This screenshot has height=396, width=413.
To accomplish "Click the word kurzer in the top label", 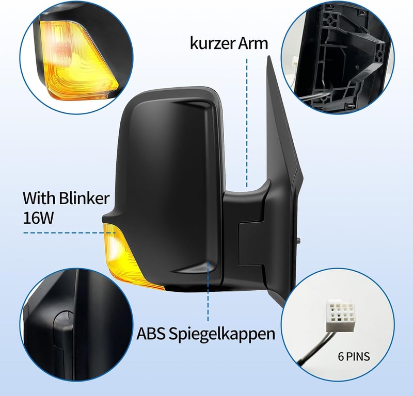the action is coord(212,43).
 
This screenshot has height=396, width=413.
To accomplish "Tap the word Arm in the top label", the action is coord(253,43).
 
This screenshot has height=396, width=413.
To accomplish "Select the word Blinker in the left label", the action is coord(84,198).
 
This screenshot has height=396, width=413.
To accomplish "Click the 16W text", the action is coord(38,218).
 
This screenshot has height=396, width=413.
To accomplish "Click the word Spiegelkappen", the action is coord(222,334).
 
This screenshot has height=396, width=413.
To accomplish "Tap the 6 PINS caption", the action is coord(354,356).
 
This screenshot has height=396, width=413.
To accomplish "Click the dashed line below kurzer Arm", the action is coord(247,123).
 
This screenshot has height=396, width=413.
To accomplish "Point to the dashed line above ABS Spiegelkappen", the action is coord(208,291).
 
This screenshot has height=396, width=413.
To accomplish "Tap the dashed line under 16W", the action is coord(70,233).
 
